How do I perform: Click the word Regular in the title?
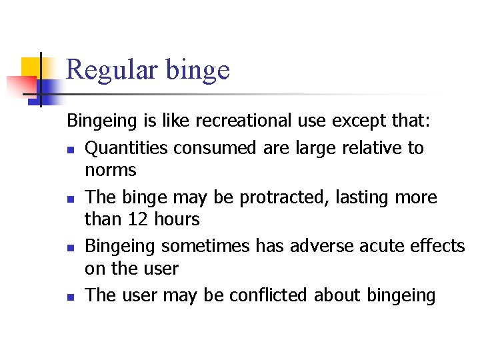tap(113, 70)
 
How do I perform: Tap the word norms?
tap(110, 171)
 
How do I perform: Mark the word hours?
tap(175, 219)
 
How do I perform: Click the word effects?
tap(439, 246)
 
